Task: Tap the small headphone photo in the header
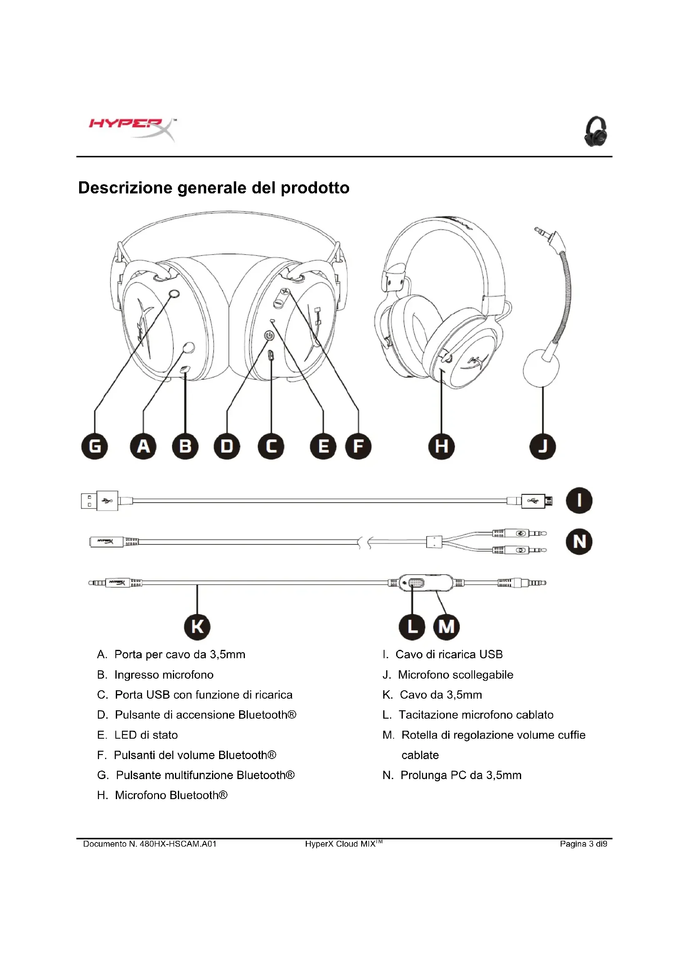coord(596,132)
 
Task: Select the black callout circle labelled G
coord(95,447)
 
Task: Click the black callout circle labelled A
coord(143,447)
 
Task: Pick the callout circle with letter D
coord(227,447)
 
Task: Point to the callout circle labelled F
coord(359,447)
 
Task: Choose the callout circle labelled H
coord(442,447)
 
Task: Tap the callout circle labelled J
coord(543,447)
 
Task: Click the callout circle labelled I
coord(579,501)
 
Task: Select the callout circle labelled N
coord(579,542)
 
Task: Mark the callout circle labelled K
coord(197,627)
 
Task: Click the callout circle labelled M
coord(446,627)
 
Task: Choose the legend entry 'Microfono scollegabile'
coord(455,675)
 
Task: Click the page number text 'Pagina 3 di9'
coord(583,844)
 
